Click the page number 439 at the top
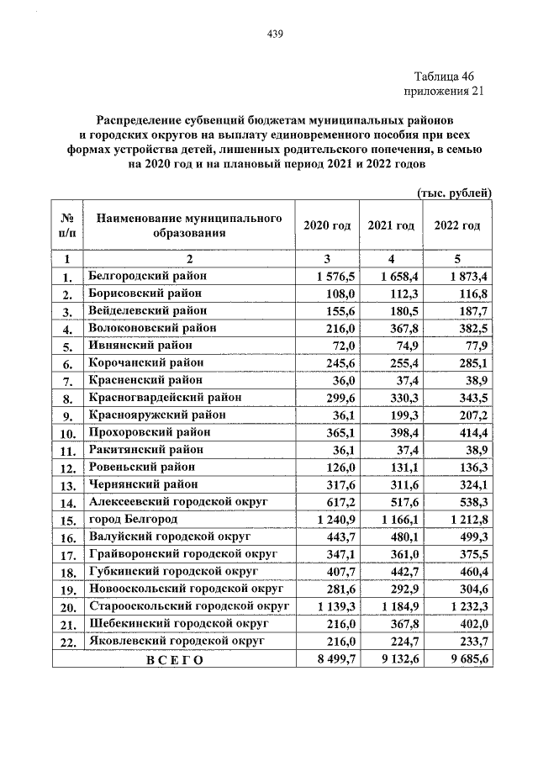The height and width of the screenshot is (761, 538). click(x=274, y=34)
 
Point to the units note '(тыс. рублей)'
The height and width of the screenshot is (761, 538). click(x=454, y=194)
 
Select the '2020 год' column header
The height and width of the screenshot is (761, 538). click(x=327, y=226)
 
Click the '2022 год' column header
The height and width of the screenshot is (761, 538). click(x=457, y=226)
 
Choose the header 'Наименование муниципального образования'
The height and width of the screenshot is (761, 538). click(x=189, y=226)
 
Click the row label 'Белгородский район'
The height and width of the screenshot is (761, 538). click(x=148, y=276)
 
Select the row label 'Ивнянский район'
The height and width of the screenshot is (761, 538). click(x=140, y=346)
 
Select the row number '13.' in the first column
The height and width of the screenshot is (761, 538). click(x=66, y=485)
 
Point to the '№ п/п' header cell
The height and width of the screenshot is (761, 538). click(x=66, y=226)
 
